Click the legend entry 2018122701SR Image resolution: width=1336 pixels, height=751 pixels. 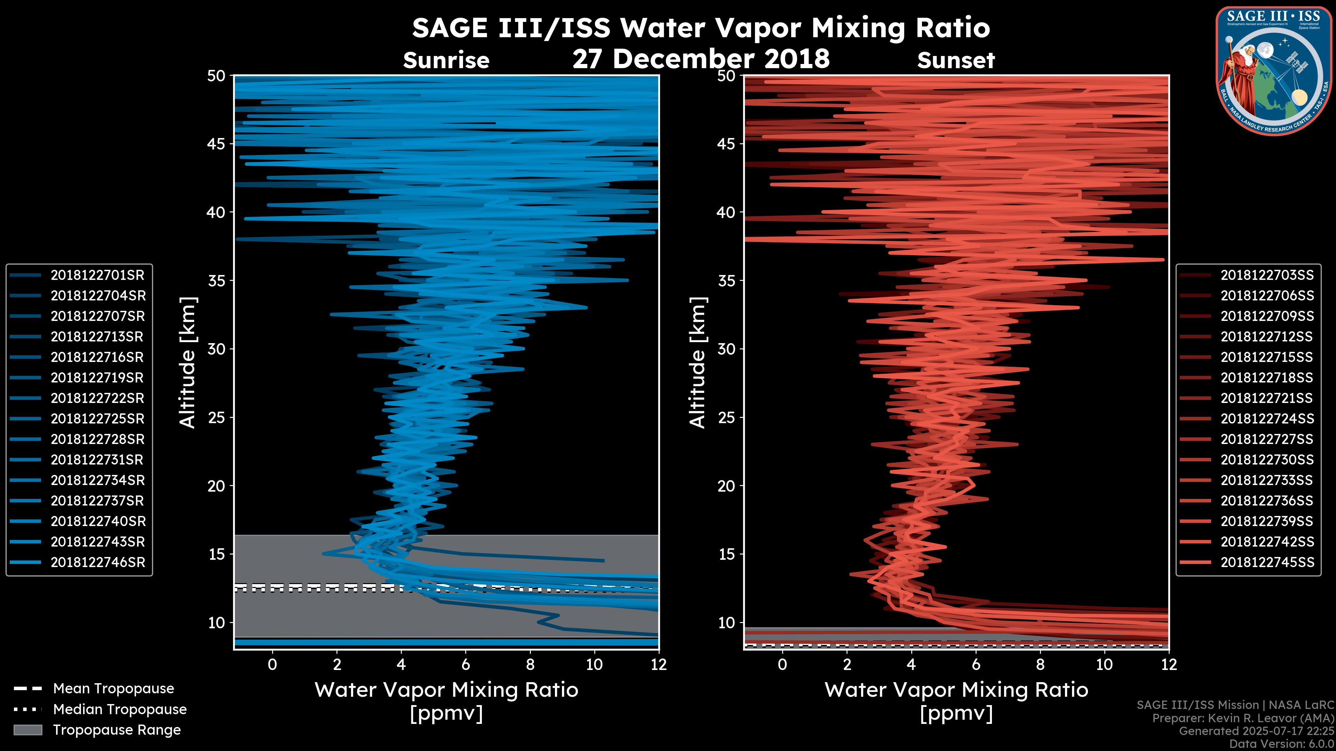click(x=97, y=275)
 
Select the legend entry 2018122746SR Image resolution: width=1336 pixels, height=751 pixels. click(x=97, y=562)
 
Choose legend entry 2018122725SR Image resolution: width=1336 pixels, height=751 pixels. click(x=97, y=419)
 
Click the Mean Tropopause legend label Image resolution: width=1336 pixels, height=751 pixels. click(x=113, y=689)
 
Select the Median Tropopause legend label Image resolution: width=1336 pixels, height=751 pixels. click(x=120, y=710)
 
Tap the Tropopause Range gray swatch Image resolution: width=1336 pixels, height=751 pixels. click(x=28, y=730)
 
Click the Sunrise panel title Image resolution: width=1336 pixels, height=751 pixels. click(x=446, y=60)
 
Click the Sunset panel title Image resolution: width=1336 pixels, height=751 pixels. click(x=956, y=60)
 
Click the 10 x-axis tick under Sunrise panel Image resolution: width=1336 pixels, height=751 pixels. click(x=594, y=664)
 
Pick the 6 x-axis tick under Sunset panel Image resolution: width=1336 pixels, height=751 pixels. click(x=976, y=664)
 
